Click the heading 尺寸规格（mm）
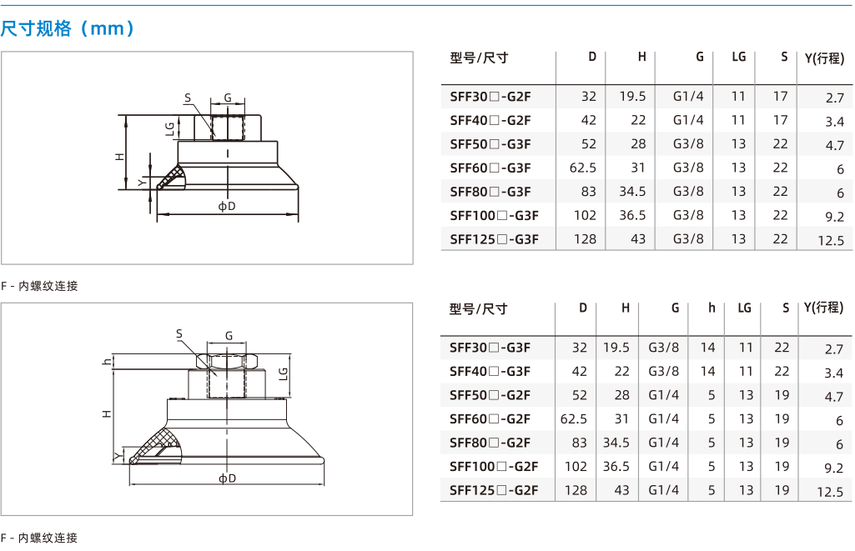point(67,28)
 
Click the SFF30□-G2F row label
point(490,97)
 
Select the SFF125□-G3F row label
point(494,239)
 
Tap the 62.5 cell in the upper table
point(582,168)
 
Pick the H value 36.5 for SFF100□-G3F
point(632,215)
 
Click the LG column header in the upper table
point(739,57)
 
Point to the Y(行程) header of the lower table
point(823,308)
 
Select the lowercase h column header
point(712,308)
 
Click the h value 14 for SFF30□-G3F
point(708,348)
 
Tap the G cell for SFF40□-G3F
point(664,372)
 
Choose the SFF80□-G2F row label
point(490,443)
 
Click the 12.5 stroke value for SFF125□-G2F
point(830,492)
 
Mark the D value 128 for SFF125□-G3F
point(585,239)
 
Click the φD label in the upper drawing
point(227,206)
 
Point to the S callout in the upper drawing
point(188,98)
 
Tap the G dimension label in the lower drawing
point(229,336)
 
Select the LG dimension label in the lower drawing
point(283,374)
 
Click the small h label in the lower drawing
point(107,361)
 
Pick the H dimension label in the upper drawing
point(120,157)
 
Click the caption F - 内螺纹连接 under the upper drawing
point(39,286)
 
